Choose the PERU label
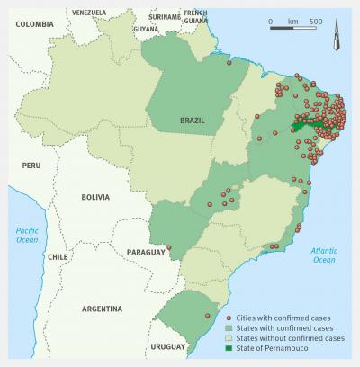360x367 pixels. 32,165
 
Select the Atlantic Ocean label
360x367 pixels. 323,255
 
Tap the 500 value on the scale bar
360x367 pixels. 316,20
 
